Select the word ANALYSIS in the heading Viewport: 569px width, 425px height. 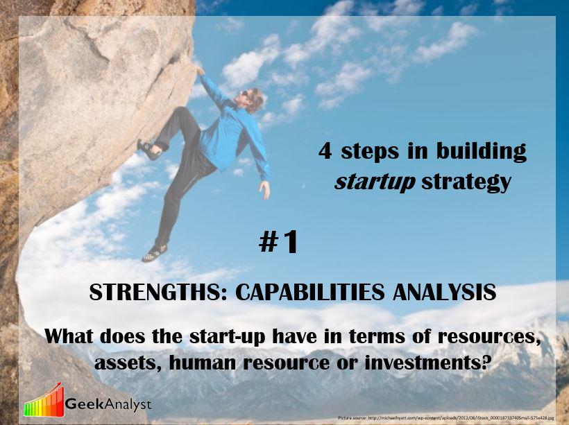pyautogui.click(x=445, y=293)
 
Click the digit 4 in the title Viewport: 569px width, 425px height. pyautogui.click(x=325, y=152)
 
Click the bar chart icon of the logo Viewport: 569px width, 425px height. pyautogui.click(x=43, y=400)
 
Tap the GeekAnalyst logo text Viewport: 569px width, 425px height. pyautogui.click(x=108, y=404)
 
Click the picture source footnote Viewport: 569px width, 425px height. pyautogui.click(x=446, y=419)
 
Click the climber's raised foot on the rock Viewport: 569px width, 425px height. pyautogui.click(x=148, y=148)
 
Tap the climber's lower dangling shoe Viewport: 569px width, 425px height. pyautogui.click(x=154, y=253)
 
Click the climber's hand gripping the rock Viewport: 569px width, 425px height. pyautogui.click(x=200, y=70)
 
